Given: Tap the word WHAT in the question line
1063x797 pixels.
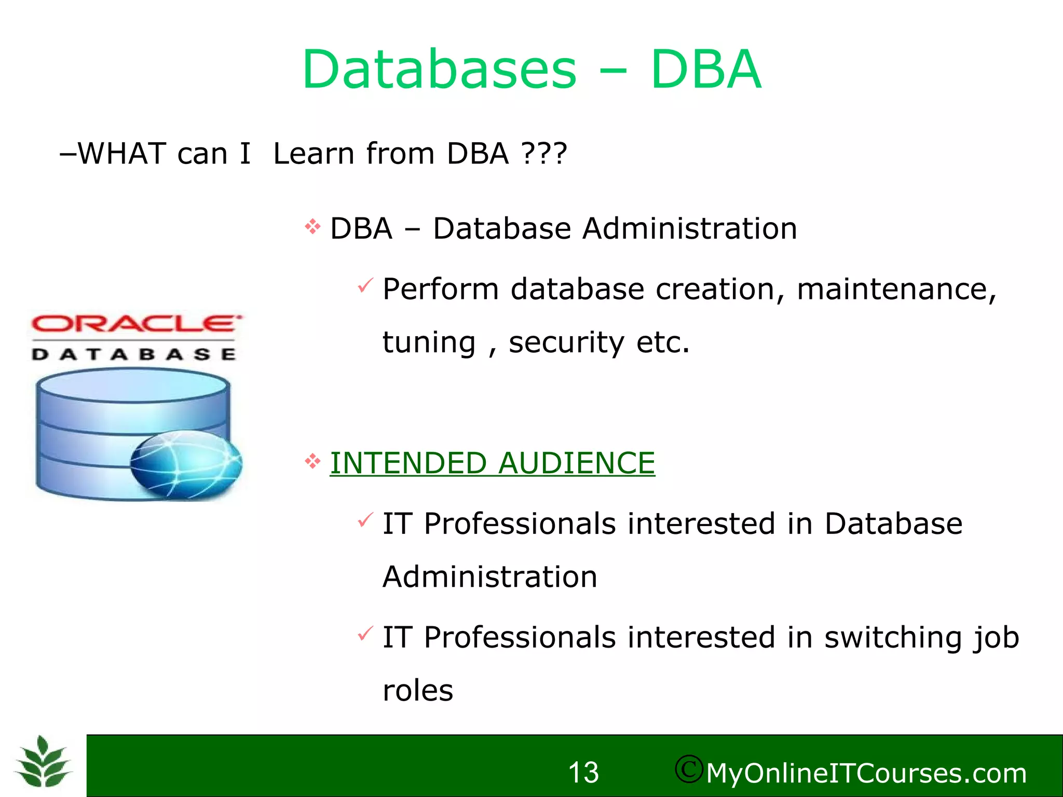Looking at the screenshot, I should (121, 154).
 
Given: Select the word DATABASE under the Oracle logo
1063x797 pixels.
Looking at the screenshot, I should (134, 354).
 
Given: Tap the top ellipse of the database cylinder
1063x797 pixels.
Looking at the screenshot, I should (132, 385).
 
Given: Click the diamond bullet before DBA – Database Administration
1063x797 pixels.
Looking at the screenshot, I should (312, 227).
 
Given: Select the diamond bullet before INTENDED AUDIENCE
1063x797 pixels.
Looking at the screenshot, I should (312, 461).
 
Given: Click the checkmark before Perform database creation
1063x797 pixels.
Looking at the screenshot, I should (365, 285).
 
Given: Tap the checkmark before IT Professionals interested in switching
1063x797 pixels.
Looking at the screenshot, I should (365, 634).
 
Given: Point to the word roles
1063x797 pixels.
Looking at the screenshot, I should (418, 691).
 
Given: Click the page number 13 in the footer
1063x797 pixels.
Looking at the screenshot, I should (583, 773).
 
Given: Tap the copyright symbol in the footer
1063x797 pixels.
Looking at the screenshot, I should (689, 769).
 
